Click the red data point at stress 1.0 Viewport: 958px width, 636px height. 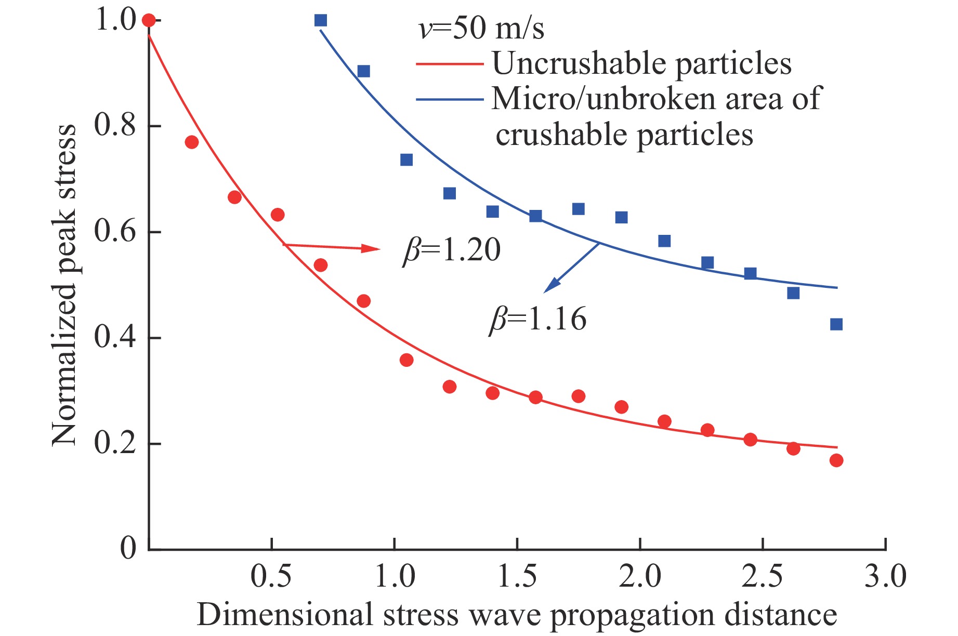149,20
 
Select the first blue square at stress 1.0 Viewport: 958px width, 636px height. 321,20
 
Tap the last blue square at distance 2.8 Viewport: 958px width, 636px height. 836,324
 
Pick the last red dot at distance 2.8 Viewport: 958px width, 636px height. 836,460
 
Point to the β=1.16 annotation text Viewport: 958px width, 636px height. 538,319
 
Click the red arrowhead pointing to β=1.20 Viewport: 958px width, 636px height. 372,248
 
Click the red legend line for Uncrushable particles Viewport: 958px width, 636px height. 450,64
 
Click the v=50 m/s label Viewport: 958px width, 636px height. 481,28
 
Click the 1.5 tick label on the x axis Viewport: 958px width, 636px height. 517,576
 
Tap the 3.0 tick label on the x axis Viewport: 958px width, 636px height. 885,576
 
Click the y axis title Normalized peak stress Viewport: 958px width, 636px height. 64,285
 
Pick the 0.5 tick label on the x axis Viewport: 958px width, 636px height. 271,576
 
